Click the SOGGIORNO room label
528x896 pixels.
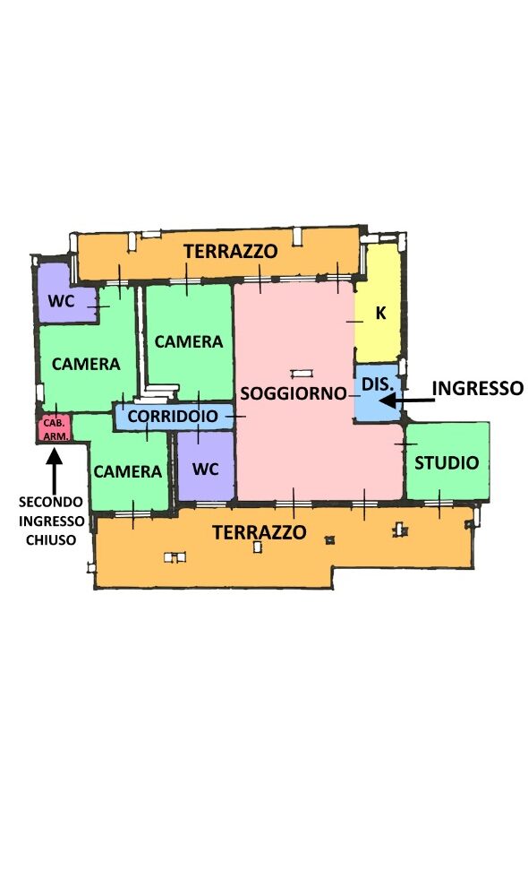point(294,393)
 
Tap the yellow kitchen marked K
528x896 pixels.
point(378,304)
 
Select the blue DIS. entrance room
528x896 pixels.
point(378,392)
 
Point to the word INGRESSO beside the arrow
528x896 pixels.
point(478,388)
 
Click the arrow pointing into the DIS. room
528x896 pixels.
point(406,401)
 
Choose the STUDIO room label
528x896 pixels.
point(447,462)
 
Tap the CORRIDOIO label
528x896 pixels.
point(173,416)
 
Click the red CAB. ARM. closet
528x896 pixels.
point(55,428)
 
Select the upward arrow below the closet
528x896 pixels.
point(55,470)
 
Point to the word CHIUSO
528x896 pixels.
point(51,540)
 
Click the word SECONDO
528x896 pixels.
point(51,502)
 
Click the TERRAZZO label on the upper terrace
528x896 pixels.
point(231,251)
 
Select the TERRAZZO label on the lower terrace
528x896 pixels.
point(260,532)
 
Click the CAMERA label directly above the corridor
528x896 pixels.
point(189,341)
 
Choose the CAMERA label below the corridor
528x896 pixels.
point(128,471)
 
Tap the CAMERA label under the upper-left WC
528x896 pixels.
point(86,364)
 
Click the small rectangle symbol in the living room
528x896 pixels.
point(302,374)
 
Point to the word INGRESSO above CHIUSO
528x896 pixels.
point(51,521)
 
